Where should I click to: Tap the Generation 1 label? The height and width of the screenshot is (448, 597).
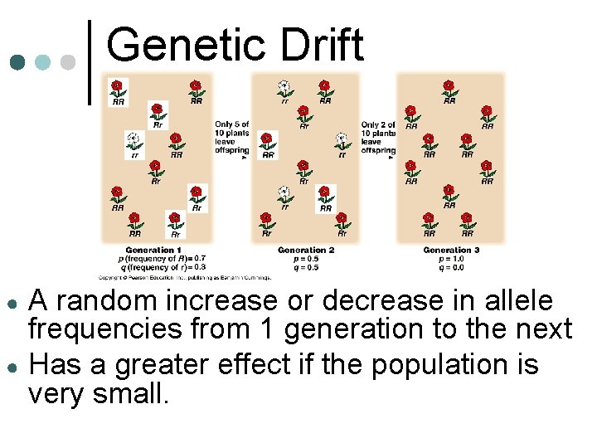[153, 250]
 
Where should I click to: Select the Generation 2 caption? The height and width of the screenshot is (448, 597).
[306, 250]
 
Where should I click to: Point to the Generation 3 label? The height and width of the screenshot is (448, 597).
[451, 250]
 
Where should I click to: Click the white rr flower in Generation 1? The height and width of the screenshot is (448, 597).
[133, 139]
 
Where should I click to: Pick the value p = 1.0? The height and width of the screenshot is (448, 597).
[451, 259]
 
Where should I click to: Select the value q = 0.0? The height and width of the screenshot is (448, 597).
[451, 267]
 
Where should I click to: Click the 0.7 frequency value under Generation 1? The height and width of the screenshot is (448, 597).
[199, 259]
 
